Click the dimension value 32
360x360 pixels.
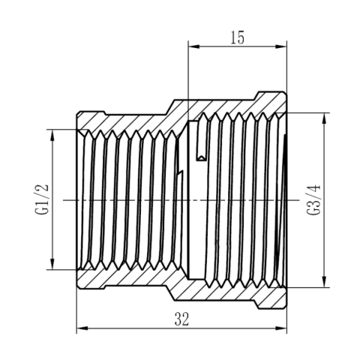click(x=181, y=318)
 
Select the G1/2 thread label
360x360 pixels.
click(x=41, y=199)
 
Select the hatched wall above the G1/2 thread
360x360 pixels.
click(x=124, y=120)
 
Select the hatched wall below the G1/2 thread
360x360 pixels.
click(x=124, y=280)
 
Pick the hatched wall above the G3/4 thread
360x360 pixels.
click(x=232, y=103)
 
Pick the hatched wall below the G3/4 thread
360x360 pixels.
click(x=232, y=297)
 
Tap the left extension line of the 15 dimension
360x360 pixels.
click(x=187, y=71)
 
